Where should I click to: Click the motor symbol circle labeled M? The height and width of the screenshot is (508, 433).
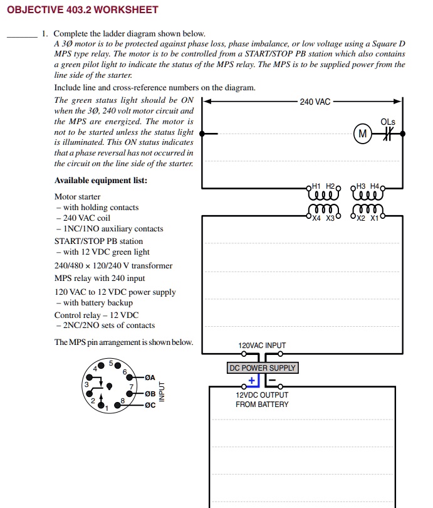coord(362,133)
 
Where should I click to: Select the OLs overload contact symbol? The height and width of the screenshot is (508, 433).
coord(387,133)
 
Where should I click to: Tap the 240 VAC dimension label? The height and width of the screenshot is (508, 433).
coord(315,102)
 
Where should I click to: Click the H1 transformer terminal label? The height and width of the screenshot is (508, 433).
coord(316,186)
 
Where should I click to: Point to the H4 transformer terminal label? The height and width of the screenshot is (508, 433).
coord(375,186)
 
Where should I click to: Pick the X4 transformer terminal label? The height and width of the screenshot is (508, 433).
coord(316,219)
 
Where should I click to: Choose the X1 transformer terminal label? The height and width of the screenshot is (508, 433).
coord(374,219)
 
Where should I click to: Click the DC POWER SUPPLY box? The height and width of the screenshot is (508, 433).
coord(263,368)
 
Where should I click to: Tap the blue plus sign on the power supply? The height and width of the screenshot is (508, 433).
coord(252,380)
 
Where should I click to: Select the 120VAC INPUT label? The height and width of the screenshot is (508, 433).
coord(262,346)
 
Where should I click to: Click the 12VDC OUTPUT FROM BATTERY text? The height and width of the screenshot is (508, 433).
coord(262,400)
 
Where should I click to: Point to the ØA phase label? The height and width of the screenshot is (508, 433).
coord(149,378)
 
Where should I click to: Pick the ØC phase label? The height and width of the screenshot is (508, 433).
coord(149,405)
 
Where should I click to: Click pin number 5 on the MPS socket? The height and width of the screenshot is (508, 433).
coord(110,363)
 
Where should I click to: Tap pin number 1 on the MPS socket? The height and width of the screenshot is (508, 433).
coord(107,409)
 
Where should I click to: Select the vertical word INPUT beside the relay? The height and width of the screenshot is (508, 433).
coord(161,391)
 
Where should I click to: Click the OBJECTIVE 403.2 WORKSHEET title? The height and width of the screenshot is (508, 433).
coord(82,10)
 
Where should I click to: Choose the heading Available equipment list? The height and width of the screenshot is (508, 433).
coord(101,181)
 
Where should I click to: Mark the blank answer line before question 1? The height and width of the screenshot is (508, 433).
coord(22,38)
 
